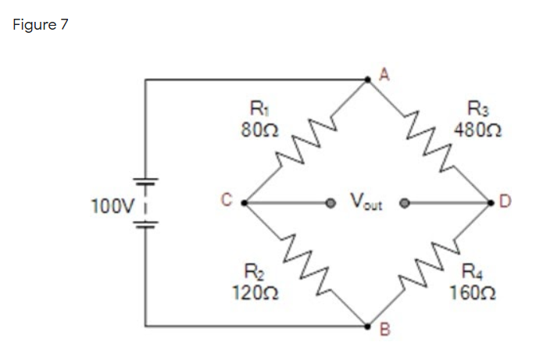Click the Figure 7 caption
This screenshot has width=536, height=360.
[41, 24]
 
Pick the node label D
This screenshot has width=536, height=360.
[505, 205]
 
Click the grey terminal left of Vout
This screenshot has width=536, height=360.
[331, 203]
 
